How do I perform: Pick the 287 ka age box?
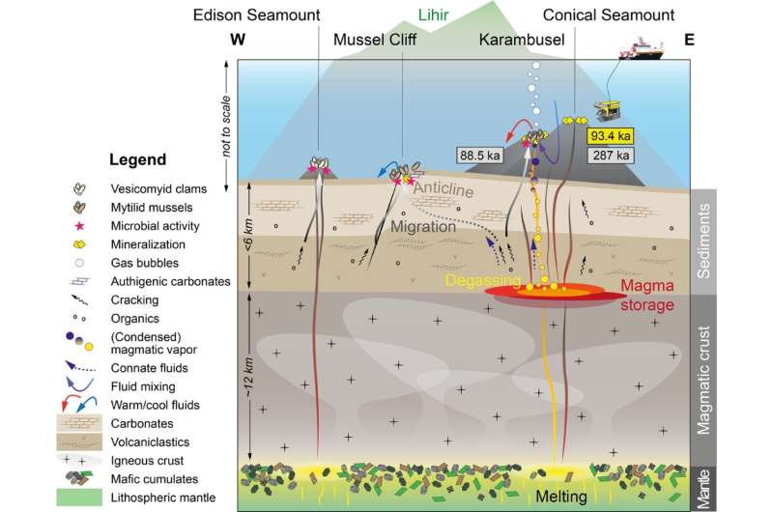[612, 155]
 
